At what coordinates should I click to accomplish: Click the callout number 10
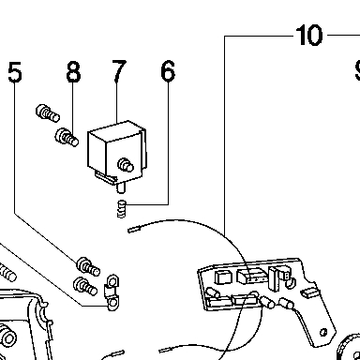point(308,36)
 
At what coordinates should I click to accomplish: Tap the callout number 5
point(15,72)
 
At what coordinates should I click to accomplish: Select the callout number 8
point(73,72)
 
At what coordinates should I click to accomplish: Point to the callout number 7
point(119,71)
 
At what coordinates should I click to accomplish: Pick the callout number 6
point(168,72)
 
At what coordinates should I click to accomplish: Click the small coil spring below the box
point(122,209)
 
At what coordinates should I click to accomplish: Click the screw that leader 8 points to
point(67,138)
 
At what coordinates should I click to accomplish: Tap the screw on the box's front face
point(126,165)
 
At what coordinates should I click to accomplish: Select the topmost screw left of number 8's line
point(48,113)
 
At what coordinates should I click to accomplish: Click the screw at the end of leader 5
point(88,267)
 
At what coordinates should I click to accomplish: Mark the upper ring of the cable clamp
point(112,281)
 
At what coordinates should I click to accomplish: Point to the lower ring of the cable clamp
point(112,303)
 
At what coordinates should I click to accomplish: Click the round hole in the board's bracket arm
point(323,332)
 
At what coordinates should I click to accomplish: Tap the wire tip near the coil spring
point(134,230)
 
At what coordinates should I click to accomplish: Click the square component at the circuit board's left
point(222,277)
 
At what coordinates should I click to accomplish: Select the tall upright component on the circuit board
point(274,278)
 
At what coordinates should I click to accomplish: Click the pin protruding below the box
point(121,188)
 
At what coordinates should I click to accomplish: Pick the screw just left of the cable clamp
point(85,286)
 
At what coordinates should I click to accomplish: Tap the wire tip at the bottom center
point(167,350)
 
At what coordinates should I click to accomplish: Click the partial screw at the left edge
point(7,273)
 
